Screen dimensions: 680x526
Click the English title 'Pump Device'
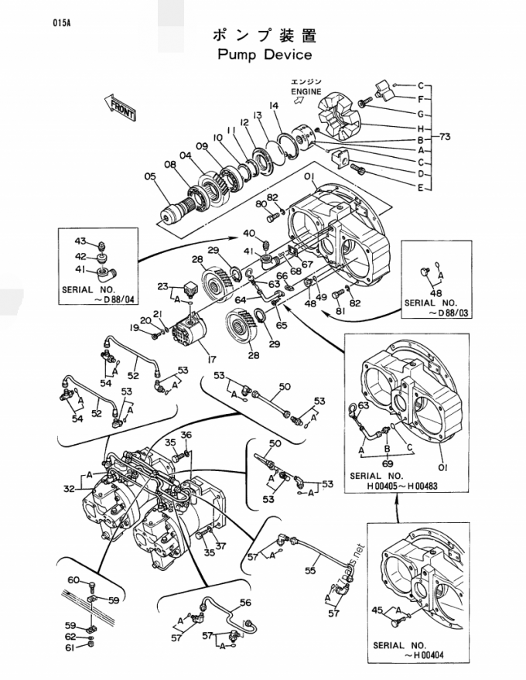click(x=265, y=55)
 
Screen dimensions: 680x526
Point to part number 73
click(x=444, y=137)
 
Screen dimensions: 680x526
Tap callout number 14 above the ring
click(x=273, y=105)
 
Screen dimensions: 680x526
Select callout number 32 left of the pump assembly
click(x=69, y=487)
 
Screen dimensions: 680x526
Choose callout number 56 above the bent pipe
click(x=245, y=603)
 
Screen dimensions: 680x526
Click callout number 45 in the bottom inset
click(x=377, y=610)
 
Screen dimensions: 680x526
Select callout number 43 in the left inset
click(x=80, y=241)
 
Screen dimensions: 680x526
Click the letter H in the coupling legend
click(x=420, y=128)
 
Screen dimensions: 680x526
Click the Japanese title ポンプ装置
click(x=264, y=35)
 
